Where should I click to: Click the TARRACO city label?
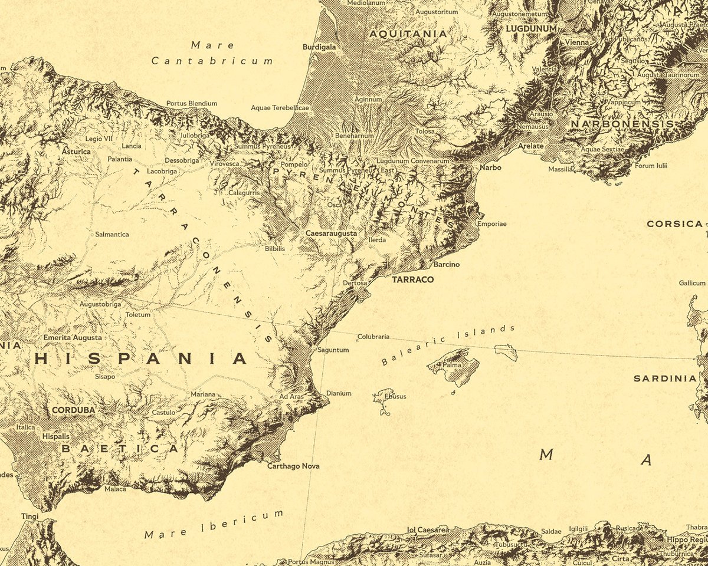pos(412,279)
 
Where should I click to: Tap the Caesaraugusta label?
pos(331,233)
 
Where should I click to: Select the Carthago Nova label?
pos(293,466)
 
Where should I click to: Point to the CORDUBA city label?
pos(74,410)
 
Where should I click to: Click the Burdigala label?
pos(319,47)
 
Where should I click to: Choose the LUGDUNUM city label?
pos(531,28)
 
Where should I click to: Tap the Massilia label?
pos(560,169)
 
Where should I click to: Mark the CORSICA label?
pos(674,224)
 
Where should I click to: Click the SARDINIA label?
pos(665,379)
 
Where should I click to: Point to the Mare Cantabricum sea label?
pos(212,53)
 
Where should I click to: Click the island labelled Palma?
pos(453,366)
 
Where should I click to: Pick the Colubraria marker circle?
pos(358,339)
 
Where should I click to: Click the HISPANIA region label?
pos(141,358)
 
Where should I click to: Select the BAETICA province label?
pos(119,449)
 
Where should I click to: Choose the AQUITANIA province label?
pos(408,34)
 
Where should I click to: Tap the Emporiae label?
pos(491,224)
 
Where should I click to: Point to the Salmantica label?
pos(112,234)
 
